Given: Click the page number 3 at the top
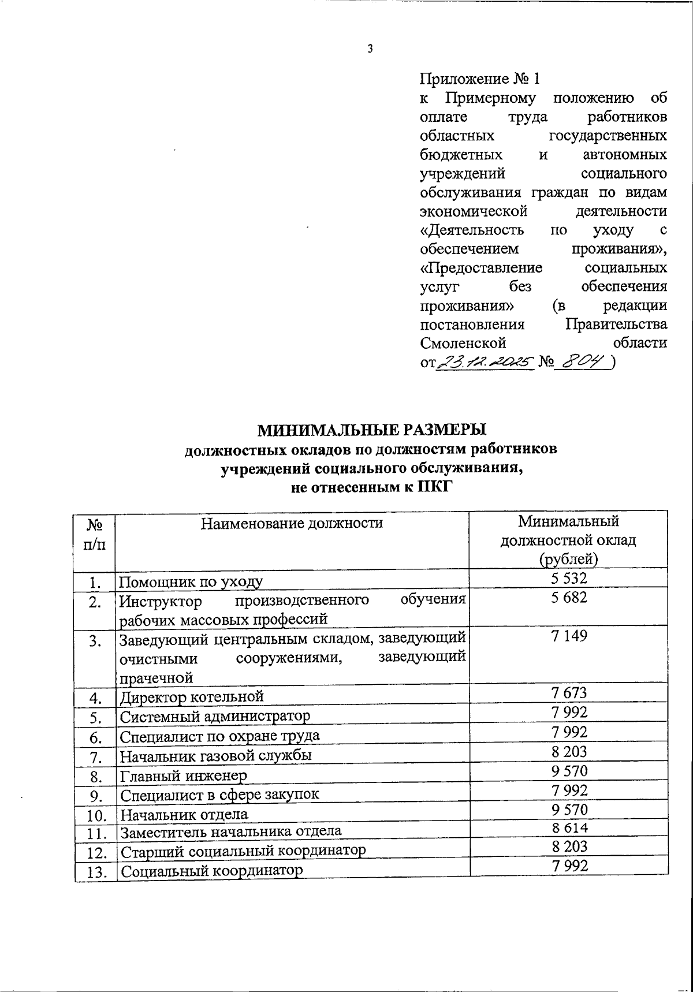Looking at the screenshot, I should pyautogui.click(x=370, y=49).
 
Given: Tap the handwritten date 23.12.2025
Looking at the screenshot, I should pyautogui.click(x=484, y=362).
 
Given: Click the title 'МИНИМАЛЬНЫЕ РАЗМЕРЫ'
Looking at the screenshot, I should pyautogui.click(x=371, y=430).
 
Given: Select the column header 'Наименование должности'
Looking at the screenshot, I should pyautogui.click(x=292, y=523).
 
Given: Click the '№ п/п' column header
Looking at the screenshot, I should pyautogui.click(x=95, y=535).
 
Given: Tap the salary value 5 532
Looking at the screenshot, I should pyautogui.click(x=569, y=578).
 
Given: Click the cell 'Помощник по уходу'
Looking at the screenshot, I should pyautogui.click(x=191, y=581).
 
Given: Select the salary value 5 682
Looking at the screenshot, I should pyautogui.click(x=569, y=598).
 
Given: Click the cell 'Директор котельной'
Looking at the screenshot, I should pyautogui.click(x=192, y=696).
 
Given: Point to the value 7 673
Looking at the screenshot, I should pyautogui.click(x=569, y=693).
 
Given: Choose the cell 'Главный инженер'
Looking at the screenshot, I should pyautogui.click(x=184, y=775).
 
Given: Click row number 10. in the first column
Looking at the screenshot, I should pyautogui.click(x=95, y=815).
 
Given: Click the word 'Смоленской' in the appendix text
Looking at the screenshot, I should pyautogui.click(x=463, y=343).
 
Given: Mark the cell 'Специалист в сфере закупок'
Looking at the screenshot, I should pyautogui.click(x=219, y=795).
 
